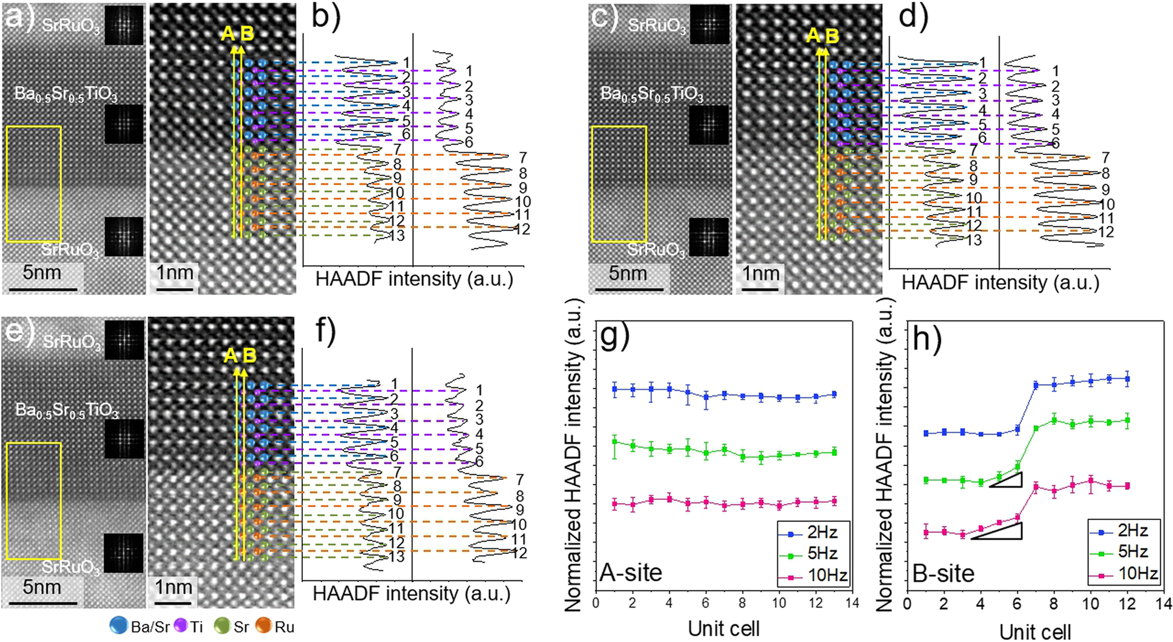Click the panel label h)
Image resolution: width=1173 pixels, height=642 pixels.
(927, 339)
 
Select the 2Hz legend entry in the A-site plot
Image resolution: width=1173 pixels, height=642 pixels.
(822, 532)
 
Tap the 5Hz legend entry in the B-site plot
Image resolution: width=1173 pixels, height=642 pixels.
(1133, 552)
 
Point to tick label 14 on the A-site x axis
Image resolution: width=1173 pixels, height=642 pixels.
(852, 603)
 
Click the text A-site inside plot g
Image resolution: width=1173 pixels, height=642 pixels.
(631, 572)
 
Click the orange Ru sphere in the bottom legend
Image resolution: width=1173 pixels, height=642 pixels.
(264, 626)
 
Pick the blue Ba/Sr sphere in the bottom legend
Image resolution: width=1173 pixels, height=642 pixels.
(119, 626)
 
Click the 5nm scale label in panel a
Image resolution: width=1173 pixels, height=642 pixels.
(42, 273)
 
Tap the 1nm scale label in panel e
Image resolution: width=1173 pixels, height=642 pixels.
(173, 587)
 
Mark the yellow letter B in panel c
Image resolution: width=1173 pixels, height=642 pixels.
(832, 36)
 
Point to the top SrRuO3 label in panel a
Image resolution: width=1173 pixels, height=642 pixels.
(71, 26)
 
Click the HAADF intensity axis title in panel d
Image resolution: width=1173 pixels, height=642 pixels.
(1000, 282)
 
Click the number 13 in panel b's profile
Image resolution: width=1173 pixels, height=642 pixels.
(397, 235)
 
